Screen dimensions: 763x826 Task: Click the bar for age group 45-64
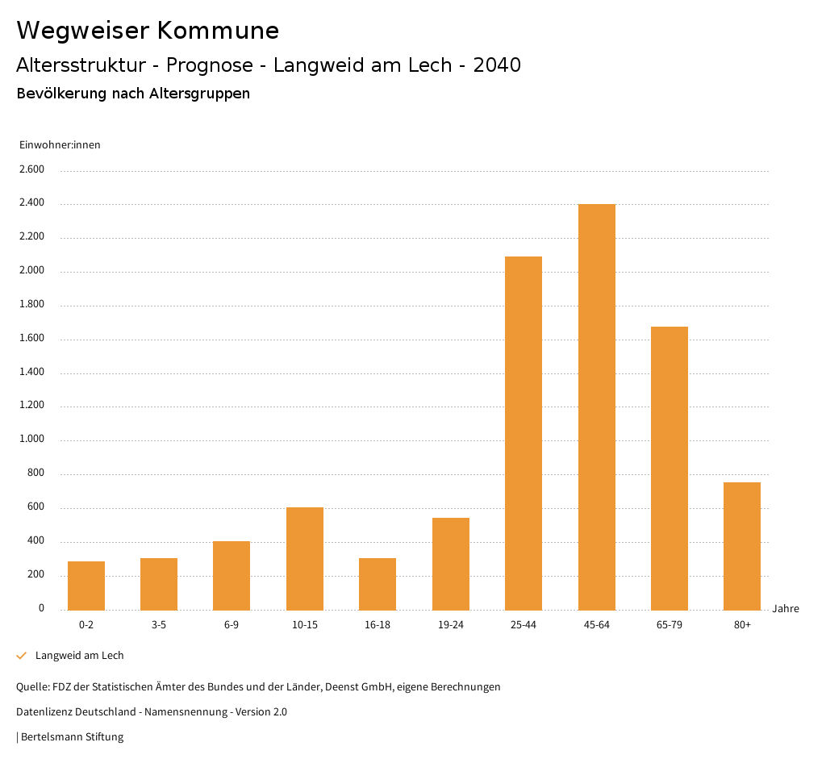596,407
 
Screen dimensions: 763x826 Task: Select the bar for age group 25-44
524,433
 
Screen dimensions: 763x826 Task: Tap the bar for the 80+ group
742,546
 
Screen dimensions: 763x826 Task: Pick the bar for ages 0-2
86,586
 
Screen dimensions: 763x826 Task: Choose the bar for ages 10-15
305,558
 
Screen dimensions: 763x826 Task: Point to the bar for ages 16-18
378,584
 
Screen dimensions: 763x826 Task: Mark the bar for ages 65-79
670,468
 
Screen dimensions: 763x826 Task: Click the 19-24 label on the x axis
451,625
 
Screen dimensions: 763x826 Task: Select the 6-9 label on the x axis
232,625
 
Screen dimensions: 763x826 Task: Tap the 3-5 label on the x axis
159,625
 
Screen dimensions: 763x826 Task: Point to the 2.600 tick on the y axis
31,169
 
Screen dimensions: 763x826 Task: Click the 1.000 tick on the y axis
31,440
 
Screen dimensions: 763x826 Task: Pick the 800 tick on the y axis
35,473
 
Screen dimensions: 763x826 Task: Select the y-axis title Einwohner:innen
60,145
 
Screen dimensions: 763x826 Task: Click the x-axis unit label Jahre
786,609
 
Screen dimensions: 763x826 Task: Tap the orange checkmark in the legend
22,656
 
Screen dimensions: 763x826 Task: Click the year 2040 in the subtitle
497,65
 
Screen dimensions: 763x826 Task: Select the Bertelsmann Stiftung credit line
70,737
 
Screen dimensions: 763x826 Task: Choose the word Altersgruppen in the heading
199,94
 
